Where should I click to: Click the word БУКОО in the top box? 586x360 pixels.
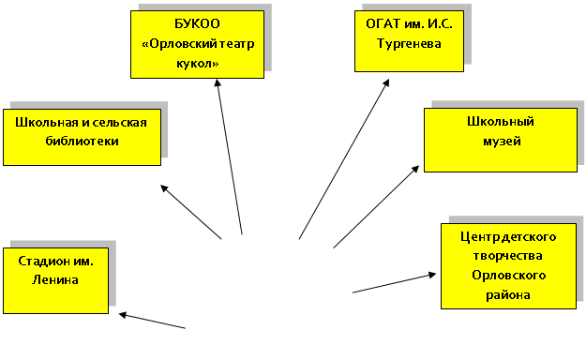pyautogui.click(x=197, y=24)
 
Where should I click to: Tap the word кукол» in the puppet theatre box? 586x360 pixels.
pyautogui.click(x=197, y=64)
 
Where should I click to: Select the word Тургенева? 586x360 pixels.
pyautogui.click(x=409, y=44)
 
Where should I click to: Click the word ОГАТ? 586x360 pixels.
pyautogui.click(x=383, y=24)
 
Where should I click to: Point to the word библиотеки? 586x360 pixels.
pyautogui.click(x=82, y=141)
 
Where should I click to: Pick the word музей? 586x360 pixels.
pyautogui.click(x=502, y=142)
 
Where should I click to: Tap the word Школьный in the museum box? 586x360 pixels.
pyautogui.click(x=501, y=122)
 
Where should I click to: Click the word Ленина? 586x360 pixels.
pyautogui.click(x=55, y=279)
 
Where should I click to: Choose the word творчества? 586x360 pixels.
pyautogui.click(x=507, y=256)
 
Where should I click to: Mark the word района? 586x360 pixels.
pyautogui.click(x=508, y=295)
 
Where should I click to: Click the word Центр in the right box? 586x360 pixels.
pyautogui.click(x=481, y=236)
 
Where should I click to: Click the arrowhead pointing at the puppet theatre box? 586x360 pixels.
pyautogui.click(x=218, y=82)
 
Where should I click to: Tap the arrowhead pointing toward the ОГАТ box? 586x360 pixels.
pyautogui.click(x=386, y=82)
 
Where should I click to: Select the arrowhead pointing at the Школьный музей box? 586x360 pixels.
pyautogui.click(x=415, y=169)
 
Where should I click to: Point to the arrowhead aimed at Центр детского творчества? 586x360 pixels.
pyautogui.click(x=432, y=275)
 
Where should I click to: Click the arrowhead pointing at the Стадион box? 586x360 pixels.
pyautogui.click(x=124, y=315)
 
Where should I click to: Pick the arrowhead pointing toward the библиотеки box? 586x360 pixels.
pyautogui.click(x=164, y=188)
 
